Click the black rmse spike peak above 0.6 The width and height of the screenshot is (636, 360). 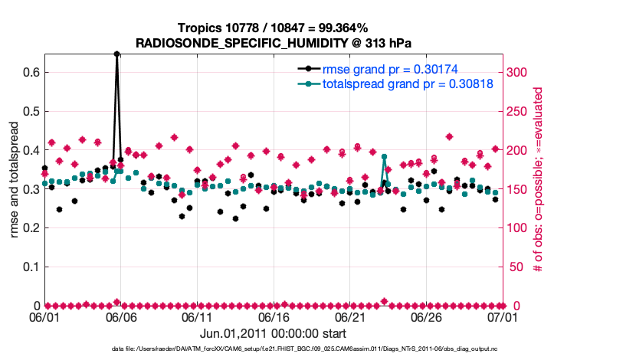[x=116, y=54]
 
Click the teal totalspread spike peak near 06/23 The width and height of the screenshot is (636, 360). [x=384, y=156]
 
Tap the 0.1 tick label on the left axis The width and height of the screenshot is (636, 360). [x=31, y=267]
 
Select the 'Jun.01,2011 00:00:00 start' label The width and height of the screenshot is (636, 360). [x=273, y=333]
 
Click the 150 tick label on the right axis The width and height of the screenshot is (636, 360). [x=519, y=188]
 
